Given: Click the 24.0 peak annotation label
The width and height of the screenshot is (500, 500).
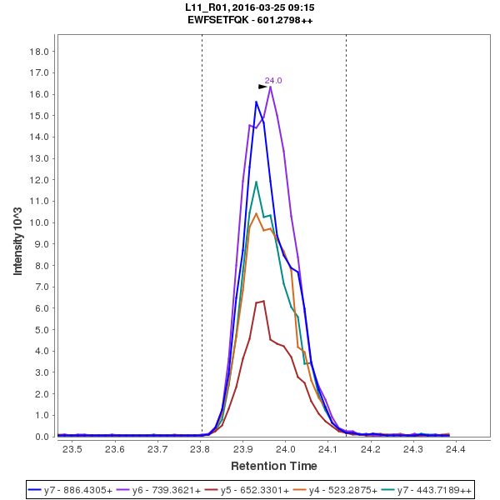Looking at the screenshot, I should tap(273, 81).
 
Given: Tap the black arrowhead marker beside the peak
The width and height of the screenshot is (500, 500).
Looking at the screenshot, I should tap(262, 87).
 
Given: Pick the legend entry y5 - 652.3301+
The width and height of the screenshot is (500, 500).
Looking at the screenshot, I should tap(250, 489).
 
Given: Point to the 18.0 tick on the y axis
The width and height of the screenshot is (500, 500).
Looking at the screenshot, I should tap(39, 51).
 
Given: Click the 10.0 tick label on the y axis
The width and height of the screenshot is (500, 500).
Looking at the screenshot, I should tap(39, 222).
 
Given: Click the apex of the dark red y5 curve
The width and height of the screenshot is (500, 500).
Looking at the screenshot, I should tap(263, 301).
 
